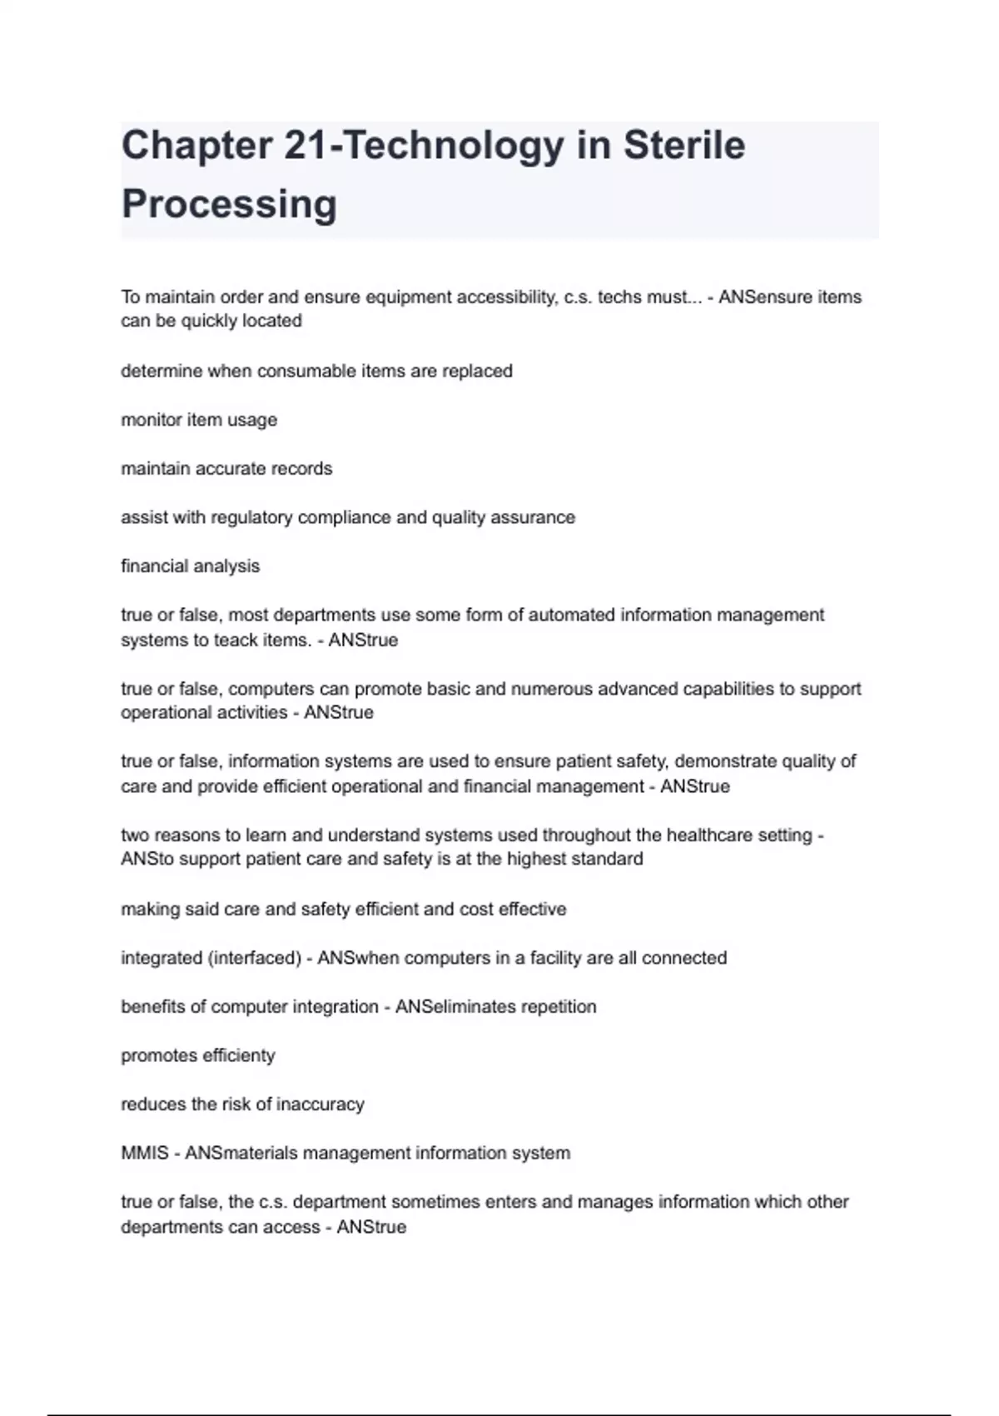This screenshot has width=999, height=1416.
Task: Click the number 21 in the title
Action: [x=306, y=146]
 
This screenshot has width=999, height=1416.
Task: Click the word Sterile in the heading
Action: [x=683, y=146]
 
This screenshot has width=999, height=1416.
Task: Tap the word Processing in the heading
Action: [x=229, y=204]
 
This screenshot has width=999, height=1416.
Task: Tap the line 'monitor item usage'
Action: [x=199, y=420]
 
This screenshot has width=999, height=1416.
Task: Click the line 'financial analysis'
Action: [x=190, y=566]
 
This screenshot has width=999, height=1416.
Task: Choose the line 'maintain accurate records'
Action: [x=226, y=469]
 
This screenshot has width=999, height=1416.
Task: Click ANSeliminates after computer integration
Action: [x=455, y=1006]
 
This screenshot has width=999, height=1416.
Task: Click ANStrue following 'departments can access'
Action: [x=371, y=1227]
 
